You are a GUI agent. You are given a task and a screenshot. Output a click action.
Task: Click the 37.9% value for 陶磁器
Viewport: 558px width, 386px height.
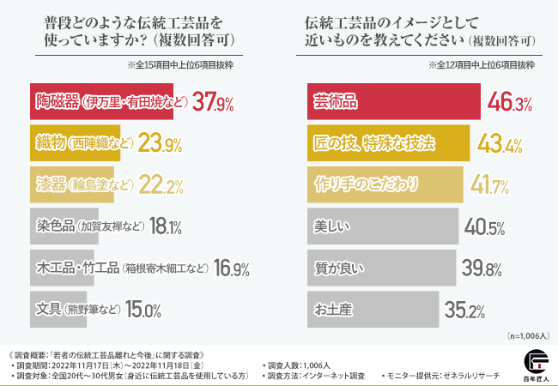213,103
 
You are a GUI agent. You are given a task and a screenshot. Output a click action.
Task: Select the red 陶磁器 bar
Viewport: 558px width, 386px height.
101,102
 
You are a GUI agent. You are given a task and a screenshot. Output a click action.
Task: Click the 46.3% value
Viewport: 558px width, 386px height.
510,103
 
